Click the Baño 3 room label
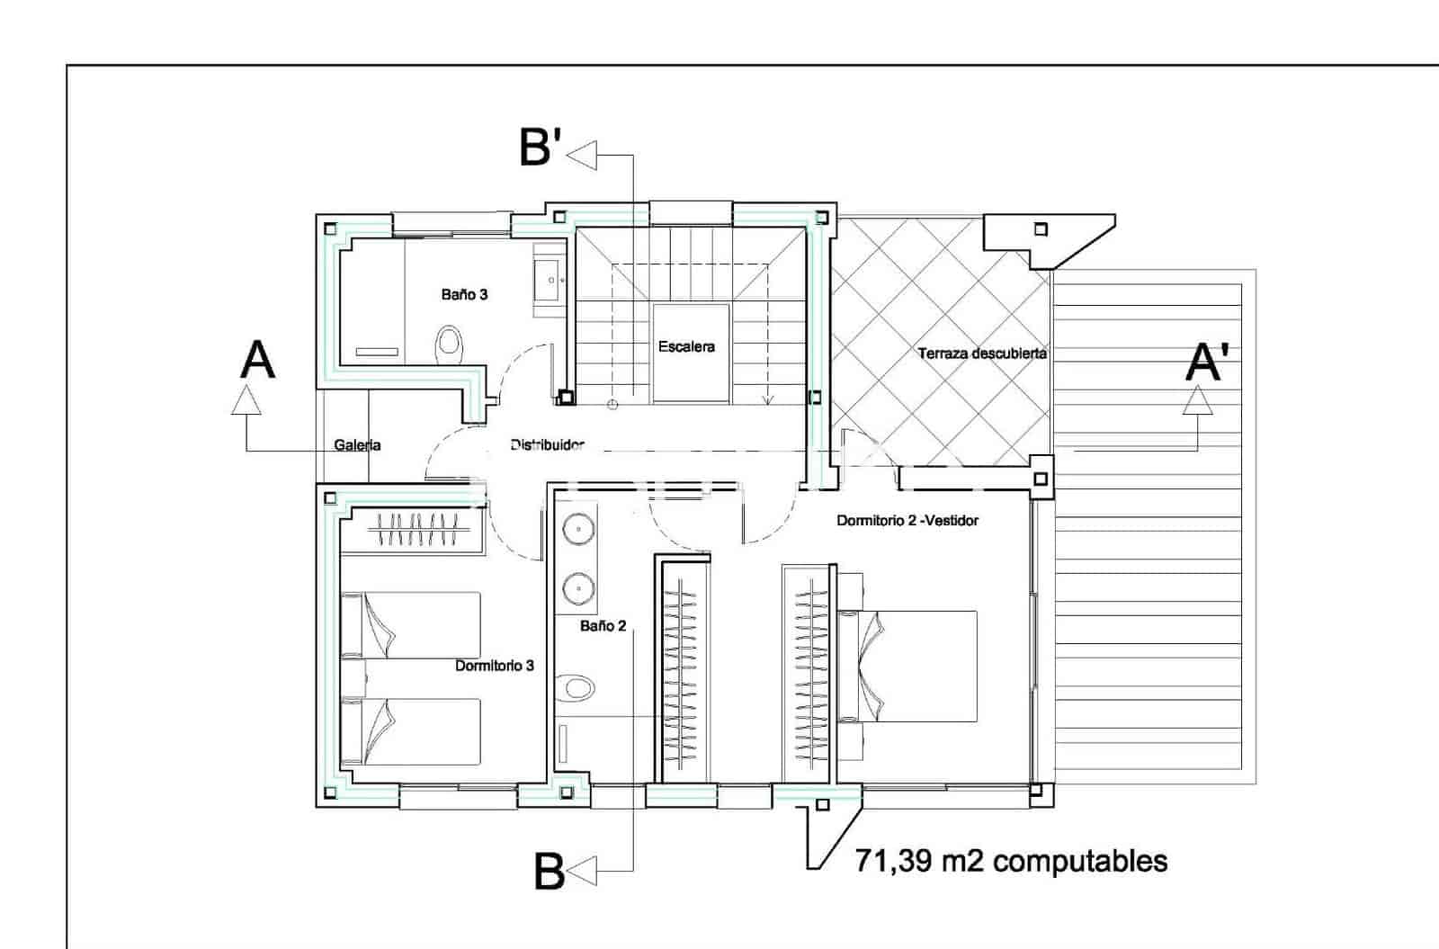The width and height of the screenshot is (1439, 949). pyautogui.click(x=464, y=294)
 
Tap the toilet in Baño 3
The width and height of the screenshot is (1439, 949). pyautogui.click(x=449, y=343)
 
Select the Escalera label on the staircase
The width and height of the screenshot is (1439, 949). pyautogui.click(x=686, y=346)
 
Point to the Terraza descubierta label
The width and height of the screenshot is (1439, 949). pyautogui.click(x=982, y=354)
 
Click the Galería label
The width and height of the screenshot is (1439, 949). pyautogui.click(x=357, y=444)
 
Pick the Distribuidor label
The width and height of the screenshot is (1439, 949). pyautogui.click(x=547, y=444)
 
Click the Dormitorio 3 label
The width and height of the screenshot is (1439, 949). pyautogui.click(x=494, y=666)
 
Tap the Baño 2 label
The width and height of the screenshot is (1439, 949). pyautogui.click(x=603, y=625)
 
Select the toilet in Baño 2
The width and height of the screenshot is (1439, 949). pyautogui.click(x=576, y=689)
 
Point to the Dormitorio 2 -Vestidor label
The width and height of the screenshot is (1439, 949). pyautogui.click(x=907, y=520)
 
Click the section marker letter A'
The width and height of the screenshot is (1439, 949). pyautogui.click(x=1206, y=363)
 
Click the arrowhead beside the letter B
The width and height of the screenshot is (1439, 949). pyautogui.click(x=582, y=871)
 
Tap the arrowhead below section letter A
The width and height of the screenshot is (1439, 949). pyautogui.click(x=246, y=400)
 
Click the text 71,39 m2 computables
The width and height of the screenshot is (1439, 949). pyautogui.click(x=1011, y=861)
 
